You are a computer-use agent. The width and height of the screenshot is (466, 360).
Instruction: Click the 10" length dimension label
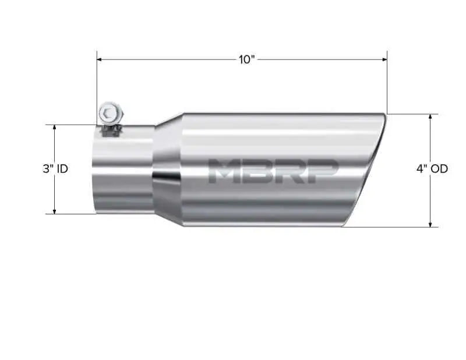click(247, 60)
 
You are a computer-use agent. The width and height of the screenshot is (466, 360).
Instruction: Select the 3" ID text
click(55, 169)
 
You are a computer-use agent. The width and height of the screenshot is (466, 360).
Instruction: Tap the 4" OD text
click(432, 169)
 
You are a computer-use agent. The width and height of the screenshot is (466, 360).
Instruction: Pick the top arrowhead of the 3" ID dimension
click(54, 127)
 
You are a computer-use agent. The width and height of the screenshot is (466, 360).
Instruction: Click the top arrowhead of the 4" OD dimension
click(430, 117)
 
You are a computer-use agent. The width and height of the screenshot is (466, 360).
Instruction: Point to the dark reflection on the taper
click(165, 177)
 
